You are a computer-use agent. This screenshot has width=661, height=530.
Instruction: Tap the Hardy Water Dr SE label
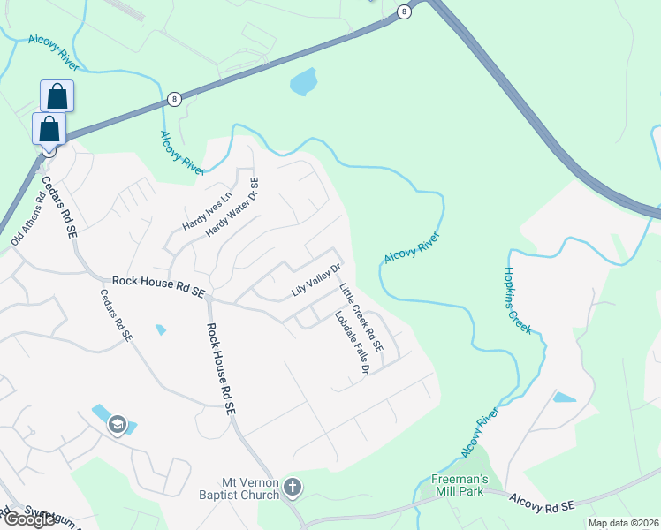click(232, 207)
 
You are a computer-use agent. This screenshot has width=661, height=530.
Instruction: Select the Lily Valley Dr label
click(315, 280)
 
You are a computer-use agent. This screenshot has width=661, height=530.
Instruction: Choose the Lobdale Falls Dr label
click(351, 344)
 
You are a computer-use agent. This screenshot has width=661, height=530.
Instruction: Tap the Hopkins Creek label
click(518, 300)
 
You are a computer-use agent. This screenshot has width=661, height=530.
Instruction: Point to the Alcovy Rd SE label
click(543, 502)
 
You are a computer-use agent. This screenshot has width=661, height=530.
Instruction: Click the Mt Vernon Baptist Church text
click(251, 488)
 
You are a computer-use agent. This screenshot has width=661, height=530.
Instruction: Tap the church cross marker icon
click(293, 488)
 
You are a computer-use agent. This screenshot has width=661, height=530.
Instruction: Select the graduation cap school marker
click(116, 425)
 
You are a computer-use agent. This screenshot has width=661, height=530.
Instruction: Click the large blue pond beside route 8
click(303, 82)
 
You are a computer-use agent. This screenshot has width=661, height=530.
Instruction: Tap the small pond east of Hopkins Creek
click(564, 397)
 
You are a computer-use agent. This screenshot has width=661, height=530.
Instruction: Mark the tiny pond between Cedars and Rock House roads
click(160, 329)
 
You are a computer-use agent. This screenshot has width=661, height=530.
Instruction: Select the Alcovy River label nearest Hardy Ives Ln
click(182, 152)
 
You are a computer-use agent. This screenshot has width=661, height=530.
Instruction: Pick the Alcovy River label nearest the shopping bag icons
click(54, 52)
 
